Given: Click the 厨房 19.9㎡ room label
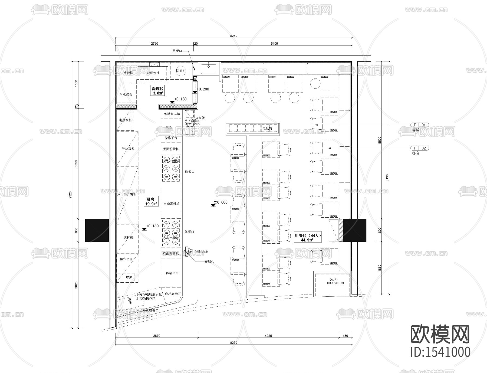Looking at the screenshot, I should pos(152,201).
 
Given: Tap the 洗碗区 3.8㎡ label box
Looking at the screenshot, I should pos(157,91).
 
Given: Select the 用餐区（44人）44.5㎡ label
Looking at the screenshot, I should pos(307,238).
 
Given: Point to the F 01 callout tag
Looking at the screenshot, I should pos(420,125).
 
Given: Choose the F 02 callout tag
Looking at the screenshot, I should pos(420,148).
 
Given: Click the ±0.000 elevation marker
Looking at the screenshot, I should pos(221,202).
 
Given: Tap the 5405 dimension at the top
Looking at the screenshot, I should pos(274,43).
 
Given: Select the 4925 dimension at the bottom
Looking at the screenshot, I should pos(268,336).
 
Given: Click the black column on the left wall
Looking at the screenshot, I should pos(97,230).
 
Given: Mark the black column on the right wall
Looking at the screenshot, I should pos(354,230).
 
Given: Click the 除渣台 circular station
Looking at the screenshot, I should pos(181,70).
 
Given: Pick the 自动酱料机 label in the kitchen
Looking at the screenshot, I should pos(171,204).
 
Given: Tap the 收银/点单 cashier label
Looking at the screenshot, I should pos(201,252).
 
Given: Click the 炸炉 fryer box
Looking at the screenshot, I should pos(129,277).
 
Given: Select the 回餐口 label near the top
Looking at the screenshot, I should pos(177,51).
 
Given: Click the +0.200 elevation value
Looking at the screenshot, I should pos(203,89).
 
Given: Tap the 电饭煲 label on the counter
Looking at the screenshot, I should pos(267,128).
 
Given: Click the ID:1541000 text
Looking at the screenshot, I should pos(440,352).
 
